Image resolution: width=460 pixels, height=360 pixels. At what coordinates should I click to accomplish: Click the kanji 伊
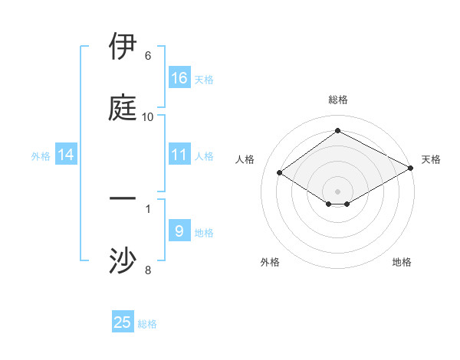coord(123,47)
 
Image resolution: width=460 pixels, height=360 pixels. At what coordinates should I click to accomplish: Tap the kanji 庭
coord(123,108)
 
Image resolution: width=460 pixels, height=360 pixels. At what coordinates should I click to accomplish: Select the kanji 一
coord(123,199)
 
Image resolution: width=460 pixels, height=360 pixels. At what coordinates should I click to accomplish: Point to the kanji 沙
coord(123,260)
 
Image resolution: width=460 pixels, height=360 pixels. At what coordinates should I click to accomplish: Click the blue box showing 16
coord(179,78)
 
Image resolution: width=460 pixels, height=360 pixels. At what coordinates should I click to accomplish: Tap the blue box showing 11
coord(179,155)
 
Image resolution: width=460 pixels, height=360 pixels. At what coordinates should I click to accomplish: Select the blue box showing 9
coord(179,231)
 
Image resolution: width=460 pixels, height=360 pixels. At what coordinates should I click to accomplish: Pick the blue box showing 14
coord(66,155)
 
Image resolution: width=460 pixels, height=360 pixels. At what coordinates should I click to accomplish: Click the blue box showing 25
coord(123,322)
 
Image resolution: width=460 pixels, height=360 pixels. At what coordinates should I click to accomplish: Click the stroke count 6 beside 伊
coord(147,56)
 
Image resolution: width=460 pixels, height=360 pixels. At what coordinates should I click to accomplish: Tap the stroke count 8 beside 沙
coord(147,270)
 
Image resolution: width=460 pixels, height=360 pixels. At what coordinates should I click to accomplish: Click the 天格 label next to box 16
coord(204,79)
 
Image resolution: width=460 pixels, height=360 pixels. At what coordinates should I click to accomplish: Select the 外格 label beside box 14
coord(41,155)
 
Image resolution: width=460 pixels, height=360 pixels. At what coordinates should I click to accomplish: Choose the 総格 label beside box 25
coord(147,323)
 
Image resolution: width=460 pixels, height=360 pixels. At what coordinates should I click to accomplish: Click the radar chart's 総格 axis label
coord(337,100)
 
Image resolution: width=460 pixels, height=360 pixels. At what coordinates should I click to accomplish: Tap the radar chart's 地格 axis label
coord(402,262)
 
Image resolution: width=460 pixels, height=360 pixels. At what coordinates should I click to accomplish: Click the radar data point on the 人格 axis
coord(280,173)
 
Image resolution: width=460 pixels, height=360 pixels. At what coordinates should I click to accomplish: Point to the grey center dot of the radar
coord(337,191)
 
